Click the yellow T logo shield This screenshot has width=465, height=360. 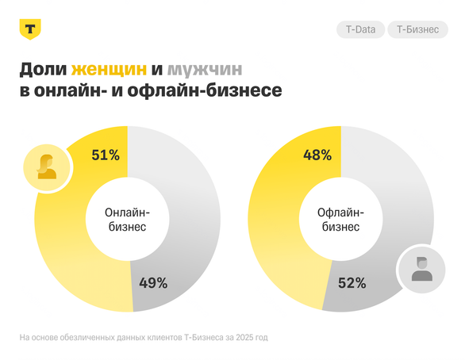(30, 29)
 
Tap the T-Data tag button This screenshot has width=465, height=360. (361, 30)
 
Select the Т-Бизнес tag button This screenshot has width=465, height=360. (417, 30)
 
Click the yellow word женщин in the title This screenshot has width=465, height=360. (107, 69)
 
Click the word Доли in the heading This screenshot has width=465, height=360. (41, 69)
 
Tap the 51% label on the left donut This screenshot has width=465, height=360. (105, 155)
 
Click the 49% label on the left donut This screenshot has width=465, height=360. (152, 282)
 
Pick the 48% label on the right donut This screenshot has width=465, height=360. (317, 155)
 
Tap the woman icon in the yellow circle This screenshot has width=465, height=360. (47, 167)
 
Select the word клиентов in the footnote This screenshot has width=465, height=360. (162, 338)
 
